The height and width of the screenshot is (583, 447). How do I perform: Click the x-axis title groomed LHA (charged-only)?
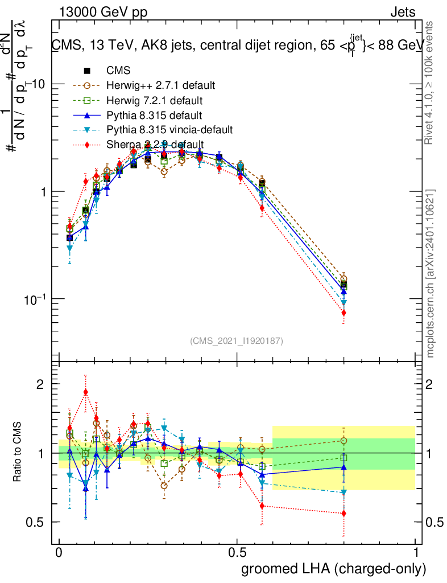pos(334,568)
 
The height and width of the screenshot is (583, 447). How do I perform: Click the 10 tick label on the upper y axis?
pos(41,84)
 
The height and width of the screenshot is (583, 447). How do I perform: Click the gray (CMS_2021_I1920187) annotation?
pos(237,340)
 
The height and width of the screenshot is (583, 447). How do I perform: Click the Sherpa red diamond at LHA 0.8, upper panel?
pos(343,313)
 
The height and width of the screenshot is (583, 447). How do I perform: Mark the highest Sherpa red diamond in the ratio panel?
pos(85,392)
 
